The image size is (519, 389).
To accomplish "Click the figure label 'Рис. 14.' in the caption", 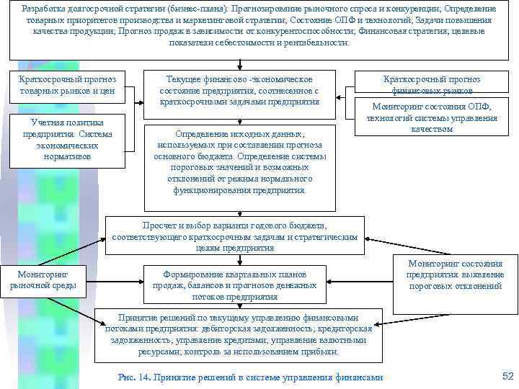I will click(x=133, y=377).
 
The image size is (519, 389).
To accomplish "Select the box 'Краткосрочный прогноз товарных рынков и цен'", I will click(x=68, y=86).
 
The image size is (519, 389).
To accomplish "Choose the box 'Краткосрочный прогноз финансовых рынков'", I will click(x=432, y=85).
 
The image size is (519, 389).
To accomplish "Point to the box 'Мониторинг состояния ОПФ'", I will click(x=432, y=117).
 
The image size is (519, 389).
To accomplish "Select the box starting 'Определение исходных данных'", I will click(x=240, y=162).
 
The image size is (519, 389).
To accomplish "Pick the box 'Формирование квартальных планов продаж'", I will click(x=234, y=285).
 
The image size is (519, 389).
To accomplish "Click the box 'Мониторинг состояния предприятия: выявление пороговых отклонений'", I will click(x=455, y=275).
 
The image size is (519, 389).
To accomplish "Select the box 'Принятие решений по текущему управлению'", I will click(x=234, y=335).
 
